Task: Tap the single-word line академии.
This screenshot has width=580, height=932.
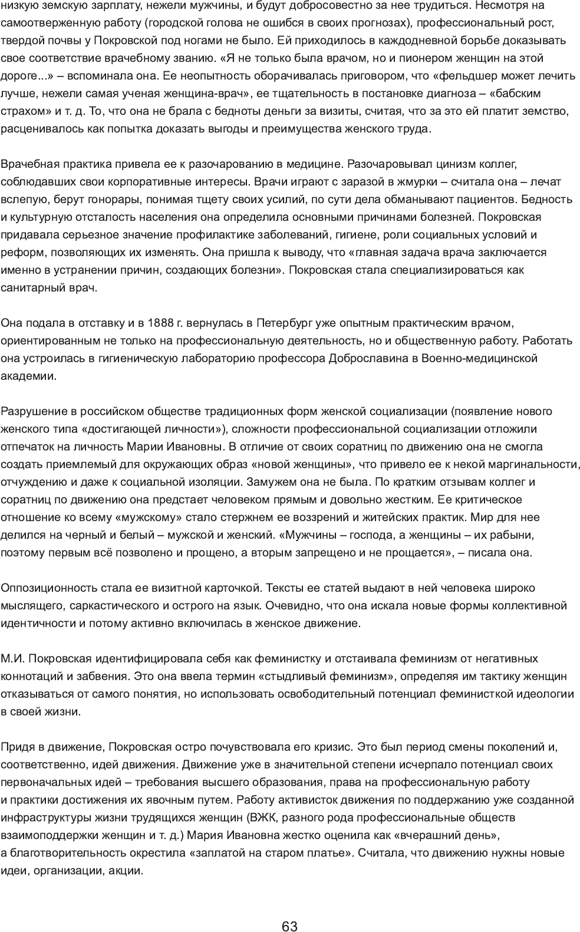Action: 29,376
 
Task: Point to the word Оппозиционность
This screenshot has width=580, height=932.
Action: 44,588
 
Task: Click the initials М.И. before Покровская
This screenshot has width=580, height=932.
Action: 12,658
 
